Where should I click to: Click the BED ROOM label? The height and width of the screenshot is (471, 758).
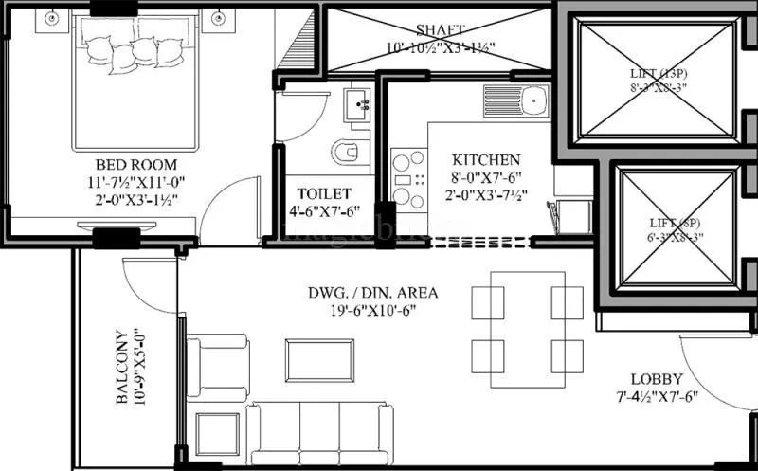(x=124, y=163)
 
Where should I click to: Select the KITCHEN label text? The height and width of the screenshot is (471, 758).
(x=485, y=159)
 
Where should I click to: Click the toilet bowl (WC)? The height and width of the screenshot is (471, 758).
(x=347, y=152)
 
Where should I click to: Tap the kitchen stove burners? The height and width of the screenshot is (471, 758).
(x=408, y=179)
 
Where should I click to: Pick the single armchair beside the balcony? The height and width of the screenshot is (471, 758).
(x=216, y=367)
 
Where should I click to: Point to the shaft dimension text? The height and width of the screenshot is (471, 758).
(x=441, y=47)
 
